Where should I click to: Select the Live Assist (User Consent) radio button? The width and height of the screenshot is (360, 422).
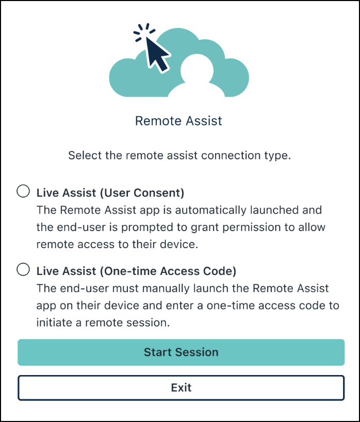[23, 191]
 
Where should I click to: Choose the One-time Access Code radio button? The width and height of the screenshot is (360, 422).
[23, 269]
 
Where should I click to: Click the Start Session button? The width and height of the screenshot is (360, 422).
[181, 352]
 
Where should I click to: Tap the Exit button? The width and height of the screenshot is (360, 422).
[181, 388]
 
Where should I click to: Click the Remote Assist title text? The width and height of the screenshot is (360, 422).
[178, 121]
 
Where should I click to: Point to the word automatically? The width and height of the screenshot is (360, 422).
[210, 210]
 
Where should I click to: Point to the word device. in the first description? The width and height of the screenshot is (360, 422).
[179, 245]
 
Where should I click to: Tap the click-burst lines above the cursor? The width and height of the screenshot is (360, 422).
[144, 32]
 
